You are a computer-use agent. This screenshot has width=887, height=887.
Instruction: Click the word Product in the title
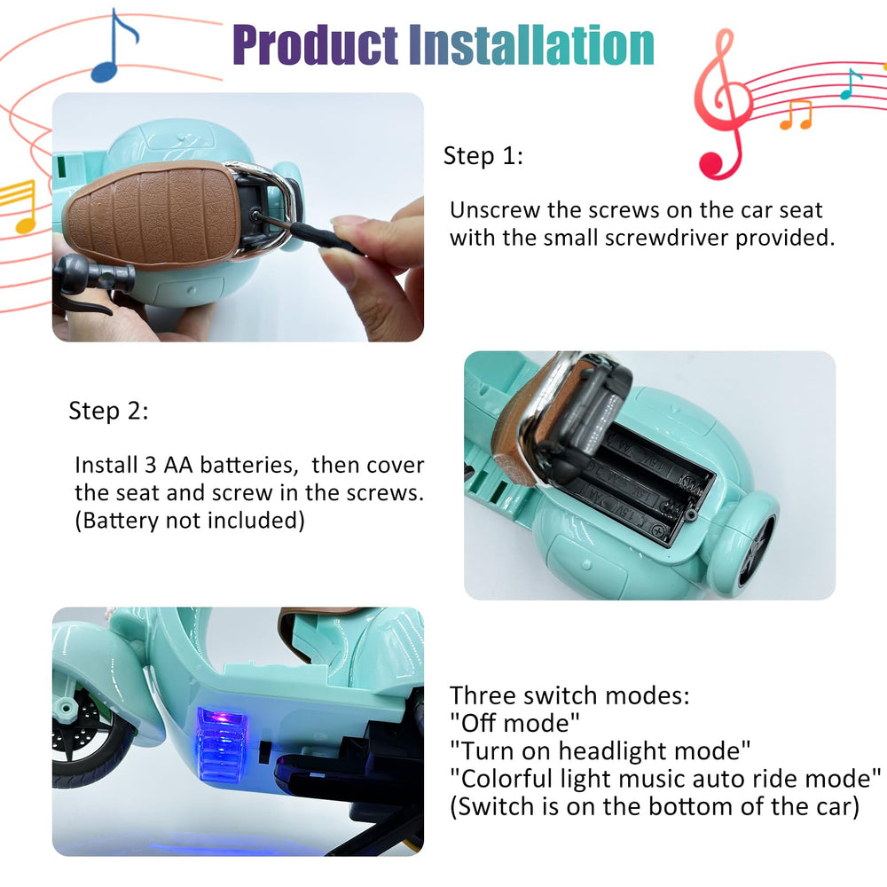tap(315, 45)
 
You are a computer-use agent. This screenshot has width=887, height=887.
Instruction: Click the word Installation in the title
tap(531, 44)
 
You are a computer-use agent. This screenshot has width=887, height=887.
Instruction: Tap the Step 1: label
tap(483, 156)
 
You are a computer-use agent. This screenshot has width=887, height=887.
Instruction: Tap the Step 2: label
tap(108, 411)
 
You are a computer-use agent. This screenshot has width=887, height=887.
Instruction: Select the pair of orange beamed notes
tap(796, 114)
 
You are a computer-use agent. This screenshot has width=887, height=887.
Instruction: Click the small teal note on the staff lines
tap(851, 83)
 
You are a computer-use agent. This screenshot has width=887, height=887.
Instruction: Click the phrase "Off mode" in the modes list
tap(514, 723)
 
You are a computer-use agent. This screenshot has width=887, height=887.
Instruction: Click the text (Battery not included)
tap(190, 521)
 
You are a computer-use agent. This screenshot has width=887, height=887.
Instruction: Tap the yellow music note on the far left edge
tap(18, 207)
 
